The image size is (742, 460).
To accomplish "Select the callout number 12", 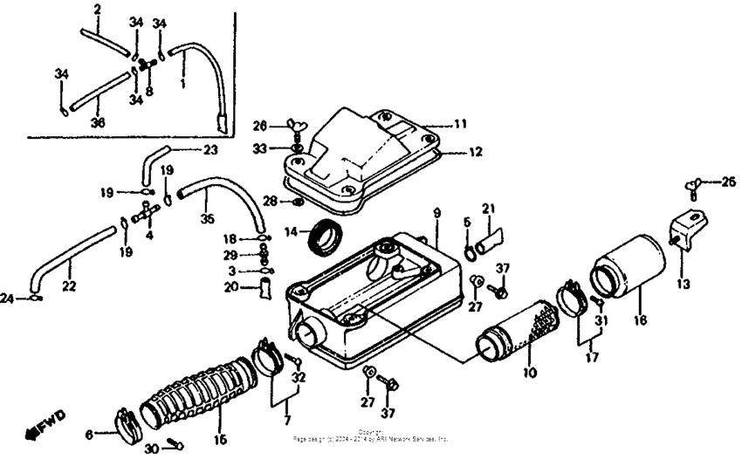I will pyautogui.click(x=476, y=151).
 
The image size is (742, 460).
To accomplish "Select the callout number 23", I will pyautogui.click(x=210, y=149).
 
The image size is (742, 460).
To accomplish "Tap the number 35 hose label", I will pyautogui.click(x=205, y=219).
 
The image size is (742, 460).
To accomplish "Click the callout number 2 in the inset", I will pyautogui.click(x=97, y=9).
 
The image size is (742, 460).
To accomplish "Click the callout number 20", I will pyautogui.click(x=230, y=286).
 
